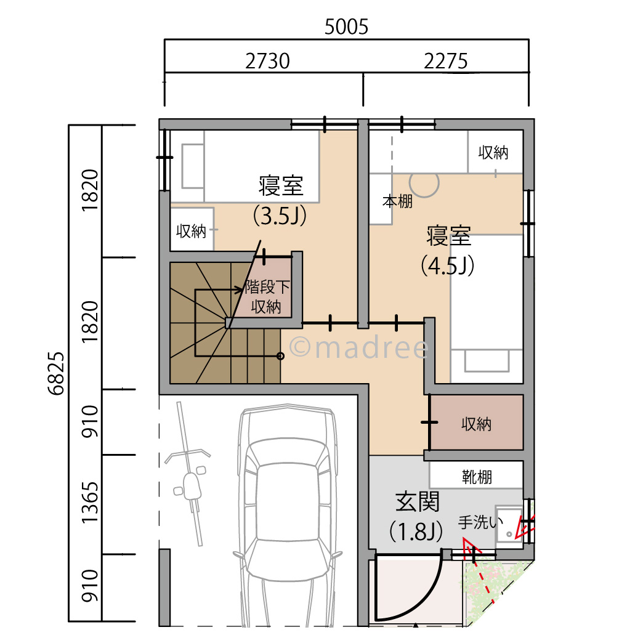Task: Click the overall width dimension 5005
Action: pyautogui.click(x=346, y=27)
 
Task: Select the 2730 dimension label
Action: pyautogui.click(x=267, y=61)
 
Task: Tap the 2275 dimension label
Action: pyautogui.click(x=445, y=61)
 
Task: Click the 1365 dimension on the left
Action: pyautogui.click(x=90, y=503)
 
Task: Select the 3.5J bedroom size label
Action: pyautogui.click(x=280, y=216)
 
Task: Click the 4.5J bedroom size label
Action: pyautogui.click(x=447, y=265)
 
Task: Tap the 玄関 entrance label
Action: pyautogui.click(x=417, y=503)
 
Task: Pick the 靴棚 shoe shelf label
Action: pyautogui.click(x=476, y=476)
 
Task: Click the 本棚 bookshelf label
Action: pyautogui.click(x=397, y=201)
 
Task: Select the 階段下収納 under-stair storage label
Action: pyautogui.click(x=266, y=296)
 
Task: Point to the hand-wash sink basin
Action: pyautogui.click(x=509, y=527)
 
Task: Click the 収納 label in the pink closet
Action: pyautogui.click(x=476, y=424)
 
